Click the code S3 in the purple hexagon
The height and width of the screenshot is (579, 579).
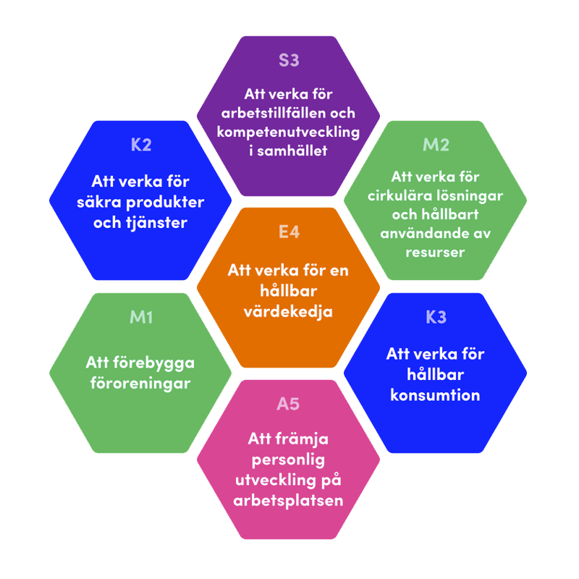[x=289, y=60]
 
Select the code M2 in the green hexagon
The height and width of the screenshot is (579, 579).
[x=436, y=145]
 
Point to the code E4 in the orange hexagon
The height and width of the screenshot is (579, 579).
[x=289, y=232]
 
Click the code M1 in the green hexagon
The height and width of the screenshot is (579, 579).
[x=141, y=317]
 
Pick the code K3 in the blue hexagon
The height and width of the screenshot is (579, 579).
[x=436, y=317]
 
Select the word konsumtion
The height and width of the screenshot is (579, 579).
[x=435, y=395]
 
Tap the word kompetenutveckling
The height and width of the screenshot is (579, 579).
[x=289, y=132]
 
